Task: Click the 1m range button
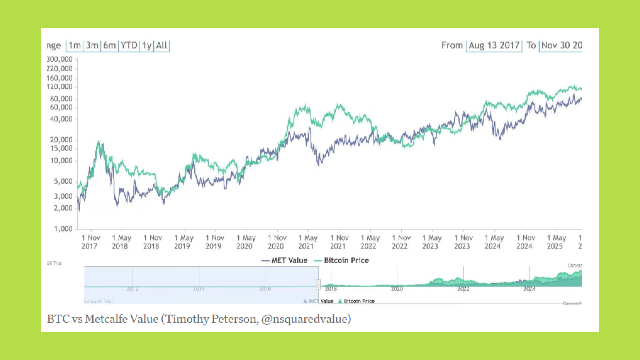pos(75,45)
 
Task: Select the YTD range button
pos(129,45)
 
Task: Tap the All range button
pos(162,45)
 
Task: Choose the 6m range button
pos(109,45)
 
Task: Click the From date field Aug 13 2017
pos(494,45)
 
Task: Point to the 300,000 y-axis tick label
pos(60,59)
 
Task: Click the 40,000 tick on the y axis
pos(61,119)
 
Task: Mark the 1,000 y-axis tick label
pos(63,229)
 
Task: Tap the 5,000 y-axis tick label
pos(63,181)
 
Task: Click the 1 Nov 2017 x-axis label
pos(90,242)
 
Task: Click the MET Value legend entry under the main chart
pos(285,260)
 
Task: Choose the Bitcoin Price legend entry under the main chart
pos(342,260)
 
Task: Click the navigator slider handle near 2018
pos(318,285)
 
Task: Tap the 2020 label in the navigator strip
pos(397,289)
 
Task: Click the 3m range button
pos(92,45)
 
